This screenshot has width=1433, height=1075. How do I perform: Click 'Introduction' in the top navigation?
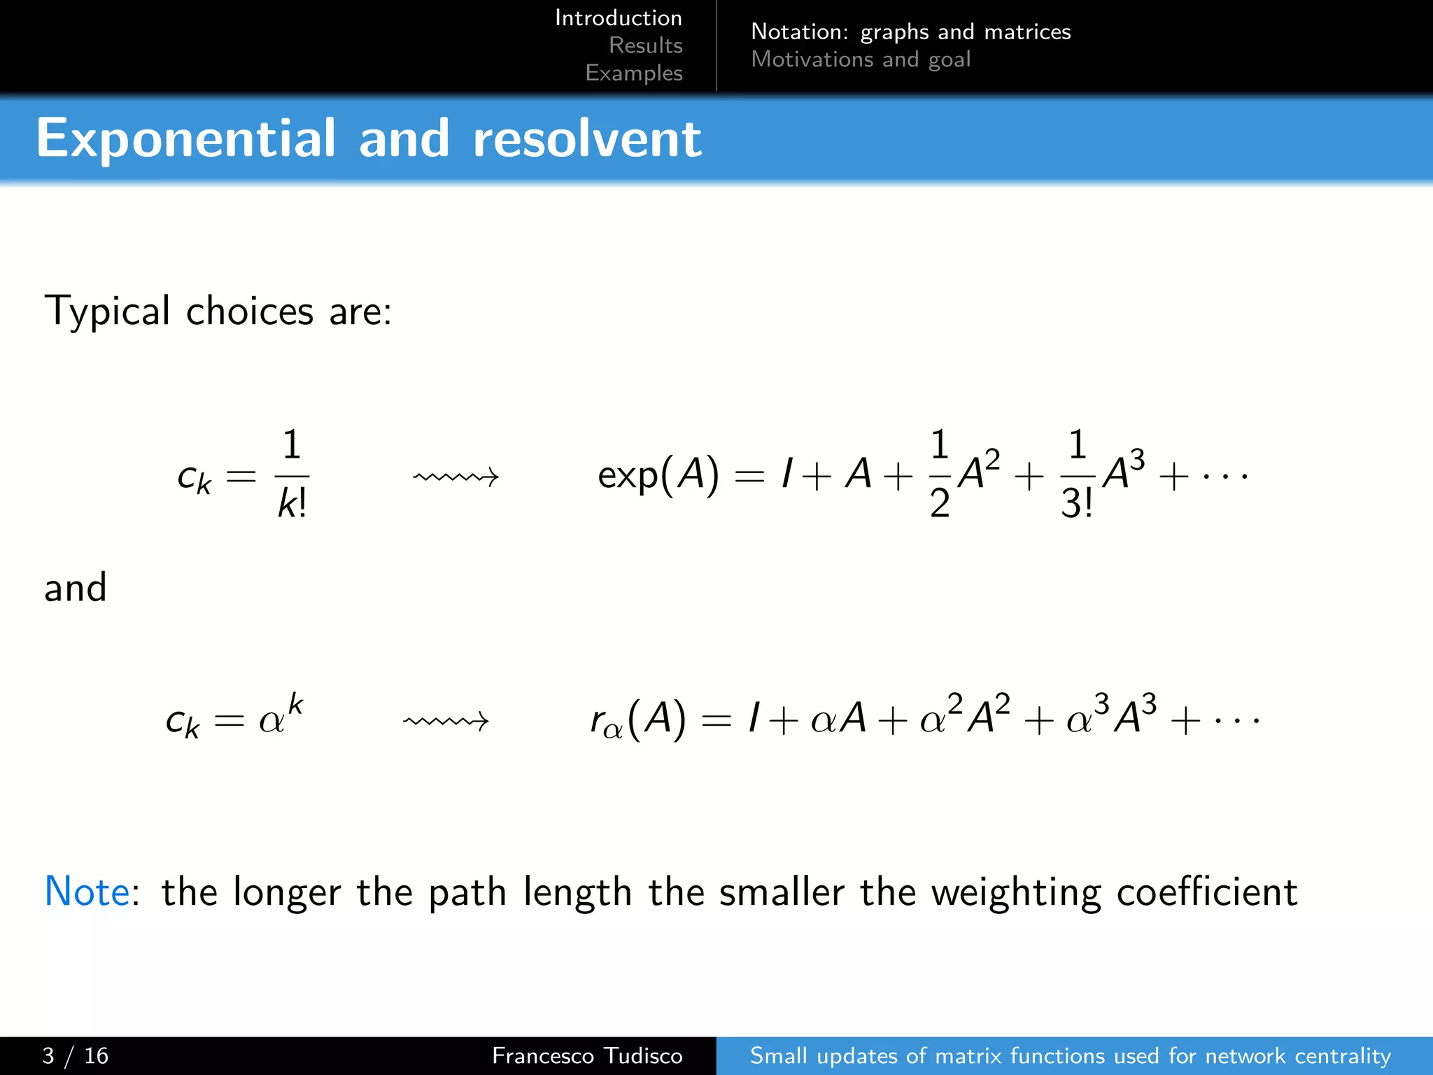(618, 18)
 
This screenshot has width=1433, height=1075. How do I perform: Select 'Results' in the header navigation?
(645, 45)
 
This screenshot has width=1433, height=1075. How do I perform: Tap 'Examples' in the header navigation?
(633, 73)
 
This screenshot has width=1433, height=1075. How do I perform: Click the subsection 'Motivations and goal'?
(861, 59)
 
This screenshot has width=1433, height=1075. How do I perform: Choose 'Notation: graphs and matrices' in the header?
(910, 31)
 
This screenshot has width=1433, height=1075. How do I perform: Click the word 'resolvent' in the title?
(586, 139)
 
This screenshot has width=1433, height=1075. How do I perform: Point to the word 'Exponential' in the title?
(185, 139)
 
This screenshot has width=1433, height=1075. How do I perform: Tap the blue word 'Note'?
(87, 892)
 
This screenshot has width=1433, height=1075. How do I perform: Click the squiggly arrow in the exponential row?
(456, 477)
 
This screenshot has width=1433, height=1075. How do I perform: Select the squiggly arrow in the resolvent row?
(446, 720)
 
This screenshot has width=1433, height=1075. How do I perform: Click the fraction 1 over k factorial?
(292, 475)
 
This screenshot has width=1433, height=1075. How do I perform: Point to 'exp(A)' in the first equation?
(658, 476)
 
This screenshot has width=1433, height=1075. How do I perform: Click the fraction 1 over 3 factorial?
(1077, 475)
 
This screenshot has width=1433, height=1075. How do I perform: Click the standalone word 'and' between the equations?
(75, 588)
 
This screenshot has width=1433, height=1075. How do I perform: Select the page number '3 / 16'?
(75, 1055)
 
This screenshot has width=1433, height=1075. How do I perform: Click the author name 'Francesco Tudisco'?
(586, 1055)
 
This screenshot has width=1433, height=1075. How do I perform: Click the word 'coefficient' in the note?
(1206, 892)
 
